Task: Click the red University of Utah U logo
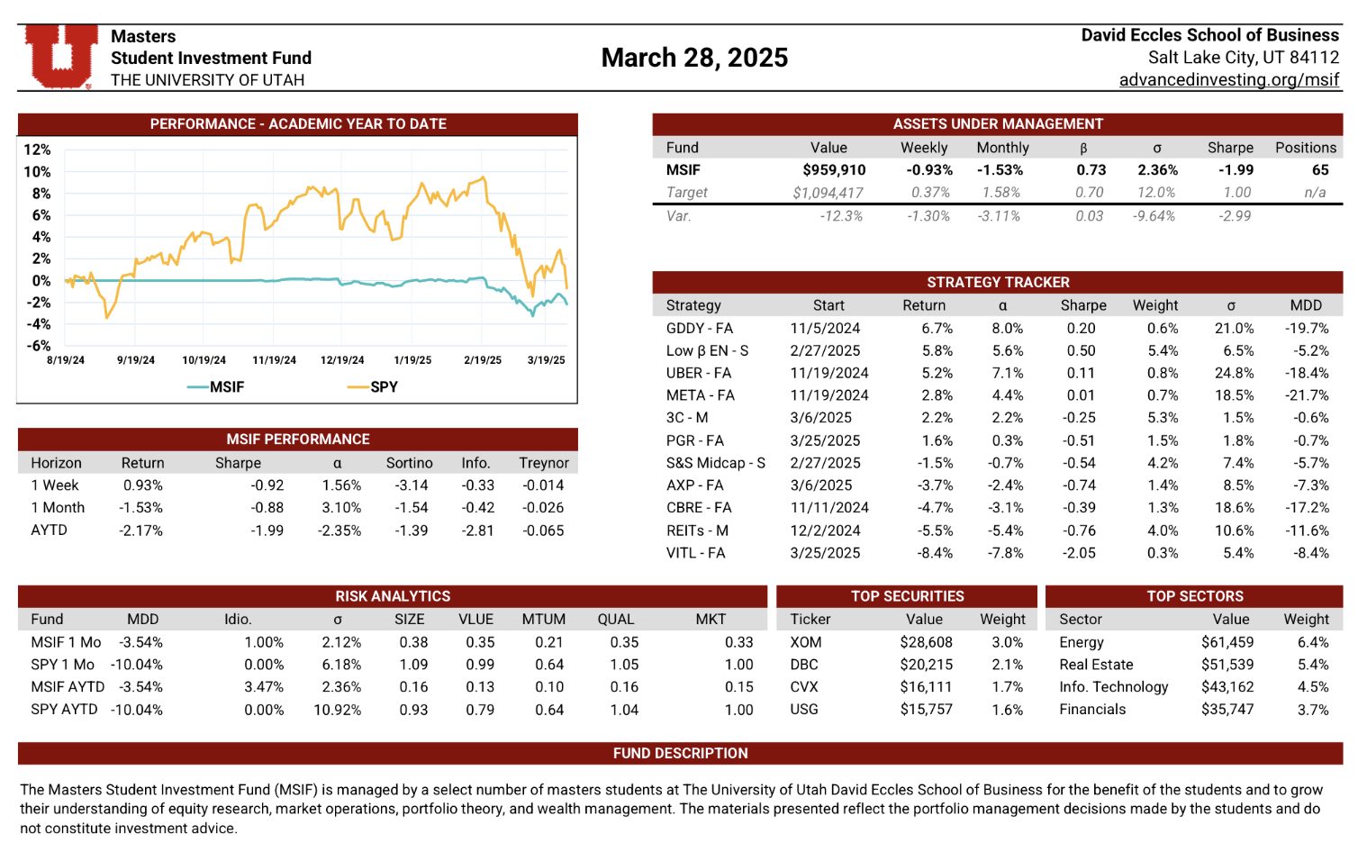pyautogui.click(x=60, y=56)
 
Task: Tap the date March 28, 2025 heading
pyautogui.click(x=694, y=58)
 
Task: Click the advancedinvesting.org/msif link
pyautogui.click(x=1228, y=80)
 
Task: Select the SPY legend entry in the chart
pyautogui.click(x=373, y=387)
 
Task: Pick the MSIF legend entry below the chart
pyautogui.click(x=217, y=387)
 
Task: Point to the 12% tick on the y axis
pyautogui.click(x=37, y=150)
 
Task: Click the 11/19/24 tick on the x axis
pyautogui.click(x=274, y=360)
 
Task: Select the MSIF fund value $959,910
pyautogui.click(x=834, y=170)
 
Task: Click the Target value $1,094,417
pyautogui.click(x=828, y=193)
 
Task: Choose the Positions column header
pyautogui.click(x=1305, y=148)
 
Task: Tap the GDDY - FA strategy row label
pyautogui.click(x=699, y=329)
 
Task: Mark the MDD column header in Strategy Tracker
pyautogui.click(x=1305, y=305)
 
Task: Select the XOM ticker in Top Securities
pyautogui.click(x=805, y=642)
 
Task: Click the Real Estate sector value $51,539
pyautogui.click(x=1227, y=665)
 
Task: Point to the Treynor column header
pyautogui.click(x=543, y=463)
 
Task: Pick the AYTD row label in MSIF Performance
pyautogui.click(x=49, y=530)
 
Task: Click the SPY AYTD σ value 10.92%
pyautogui.click(x=337, y=710)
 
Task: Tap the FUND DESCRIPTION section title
pyautogui.click(x=680, y=754)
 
